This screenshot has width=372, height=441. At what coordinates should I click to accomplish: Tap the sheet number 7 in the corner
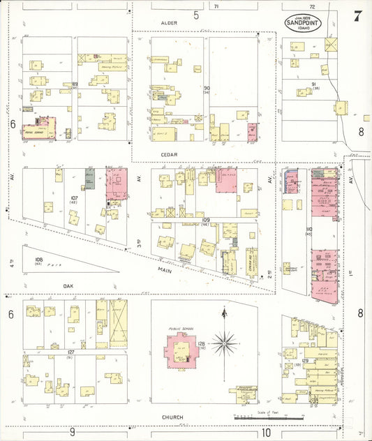[357, 16]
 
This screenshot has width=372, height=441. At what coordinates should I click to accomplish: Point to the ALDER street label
[169, 23]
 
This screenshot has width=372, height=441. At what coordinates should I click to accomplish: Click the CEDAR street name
[169, 154]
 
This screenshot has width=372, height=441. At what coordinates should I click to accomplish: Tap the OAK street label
[68, 285]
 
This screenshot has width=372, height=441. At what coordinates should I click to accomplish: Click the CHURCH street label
[172, 417]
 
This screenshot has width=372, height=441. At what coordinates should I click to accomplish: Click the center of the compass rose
[225, 342]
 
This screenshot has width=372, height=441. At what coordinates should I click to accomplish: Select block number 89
[74, 84]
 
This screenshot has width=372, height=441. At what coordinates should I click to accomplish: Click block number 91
[314, 84]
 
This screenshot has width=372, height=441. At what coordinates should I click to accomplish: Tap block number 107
[73, 197]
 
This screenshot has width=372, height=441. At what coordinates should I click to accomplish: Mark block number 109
[206, 220]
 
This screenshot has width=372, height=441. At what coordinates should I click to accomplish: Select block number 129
[305, 359]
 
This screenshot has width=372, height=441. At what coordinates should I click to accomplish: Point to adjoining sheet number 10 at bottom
[267, 432]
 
